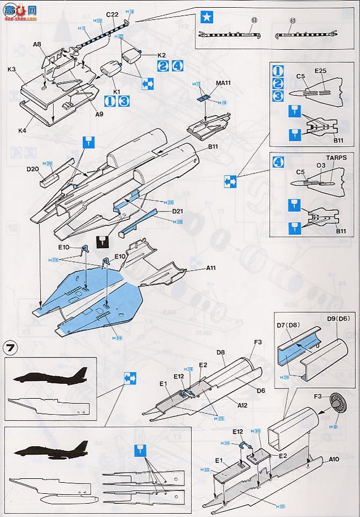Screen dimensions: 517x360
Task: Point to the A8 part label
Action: (x=37, y=44)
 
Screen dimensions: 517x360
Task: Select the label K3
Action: (x=12, y=70)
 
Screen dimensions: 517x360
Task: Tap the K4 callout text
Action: (x=22, y=130)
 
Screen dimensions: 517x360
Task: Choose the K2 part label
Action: (x=162, y=55)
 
